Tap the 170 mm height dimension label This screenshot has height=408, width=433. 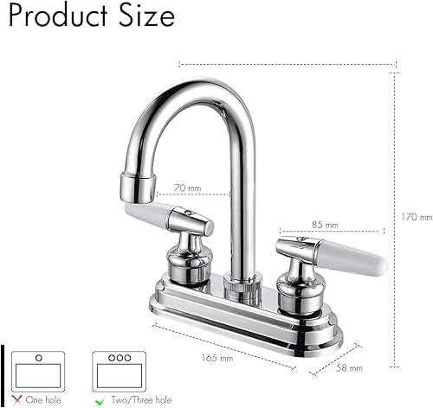(x=418, y=217)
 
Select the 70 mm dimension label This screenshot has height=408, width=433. (x=187, y=187)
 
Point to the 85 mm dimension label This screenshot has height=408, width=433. (x=324, y=226)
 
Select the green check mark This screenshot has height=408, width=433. (x=100, y=400)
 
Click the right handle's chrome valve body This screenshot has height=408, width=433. (x=299, y=277)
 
